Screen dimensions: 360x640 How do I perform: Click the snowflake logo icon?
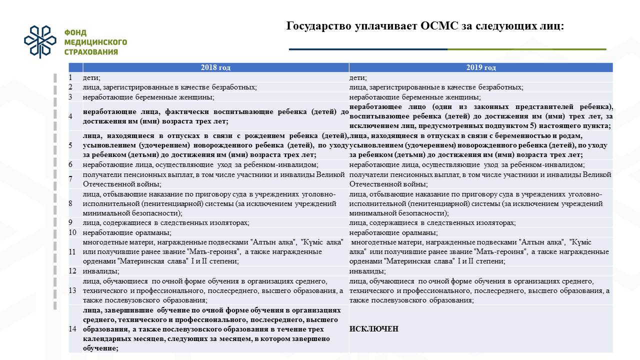coord(41,42)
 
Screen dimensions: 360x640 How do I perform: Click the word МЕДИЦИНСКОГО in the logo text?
coord(95,42)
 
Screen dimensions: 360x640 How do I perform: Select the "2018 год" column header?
coord(215,67)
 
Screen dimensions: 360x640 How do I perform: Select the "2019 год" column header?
coord(481,67)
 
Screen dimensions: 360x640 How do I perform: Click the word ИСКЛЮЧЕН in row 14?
coord(374,328)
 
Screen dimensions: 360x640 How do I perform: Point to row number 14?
coord(73,328)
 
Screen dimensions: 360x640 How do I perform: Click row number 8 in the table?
coord(71,203)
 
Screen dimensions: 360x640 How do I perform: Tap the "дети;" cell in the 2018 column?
coord(92,77)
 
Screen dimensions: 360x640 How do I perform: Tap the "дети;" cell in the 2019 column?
coord(358,77)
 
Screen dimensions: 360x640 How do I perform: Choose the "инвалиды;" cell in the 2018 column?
coord(101,271)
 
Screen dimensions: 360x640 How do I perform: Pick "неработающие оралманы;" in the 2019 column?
coord(393,232)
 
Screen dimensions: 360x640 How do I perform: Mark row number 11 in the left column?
coord(73,251)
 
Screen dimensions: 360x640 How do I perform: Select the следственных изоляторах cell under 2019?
coord(432,222)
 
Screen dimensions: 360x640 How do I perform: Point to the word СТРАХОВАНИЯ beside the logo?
coord(91,51)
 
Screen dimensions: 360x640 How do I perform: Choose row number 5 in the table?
coord(71,145)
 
